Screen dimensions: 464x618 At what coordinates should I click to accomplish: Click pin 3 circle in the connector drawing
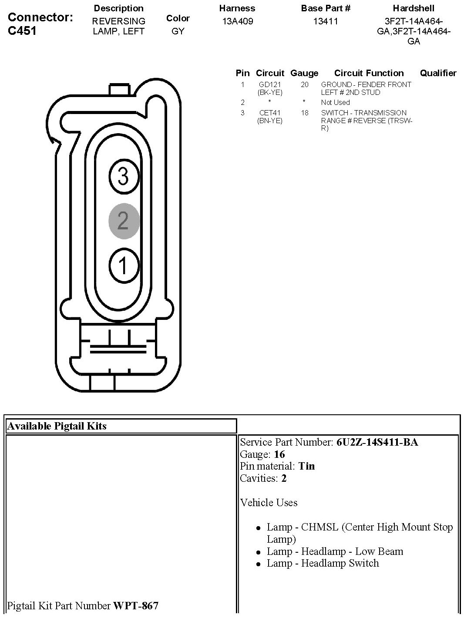click(124, 177)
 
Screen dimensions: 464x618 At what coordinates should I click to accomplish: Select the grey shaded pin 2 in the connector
click(124, 221)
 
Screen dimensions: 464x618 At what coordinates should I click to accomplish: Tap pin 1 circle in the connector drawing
click(124, 265)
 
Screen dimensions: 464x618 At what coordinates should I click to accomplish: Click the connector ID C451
click(22, 31)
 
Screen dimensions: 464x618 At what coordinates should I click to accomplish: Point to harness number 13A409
click(237, 21)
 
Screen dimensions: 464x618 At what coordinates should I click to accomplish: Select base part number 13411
click(326, 21)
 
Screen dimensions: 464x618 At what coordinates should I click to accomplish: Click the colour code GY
click(178, 31)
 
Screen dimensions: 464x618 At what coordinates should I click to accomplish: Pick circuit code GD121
click(270, 85)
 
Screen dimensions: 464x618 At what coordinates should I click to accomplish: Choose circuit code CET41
click(270, 113)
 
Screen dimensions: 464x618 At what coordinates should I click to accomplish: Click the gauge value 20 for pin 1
click(304, 85)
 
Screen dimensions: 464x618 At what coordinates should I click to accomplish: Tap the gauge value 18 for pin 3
click(304, 113)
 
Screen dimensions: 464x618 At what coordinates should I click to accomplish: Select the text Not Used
click(335, 103)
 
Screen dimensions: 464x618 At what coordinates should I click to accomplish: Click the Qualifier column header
click(438, 73)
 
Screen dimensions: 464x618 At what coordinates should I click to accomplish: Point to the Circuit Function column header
click(369, 73)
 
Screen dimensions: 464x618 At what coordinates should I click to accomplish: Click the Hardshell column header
click(414, 8)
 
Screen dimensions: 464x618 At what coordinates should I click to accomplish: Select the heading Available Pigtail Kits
click(57, 426)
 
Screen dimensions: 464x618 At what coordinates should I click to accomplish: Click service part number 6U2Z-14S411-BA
click(377, 443)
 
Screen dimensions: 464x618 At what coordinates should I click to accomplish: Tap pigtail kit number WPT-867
click(136, 605)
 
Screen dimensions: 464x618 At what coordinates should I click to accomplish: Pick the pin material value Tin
click(306, 466)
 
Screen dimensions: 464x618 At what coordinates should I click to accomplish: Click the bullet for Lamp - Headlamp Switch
click(258, 564)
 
